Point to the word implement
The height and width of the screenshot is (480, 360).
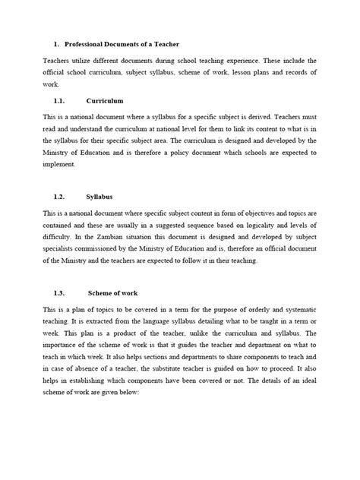58,165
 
